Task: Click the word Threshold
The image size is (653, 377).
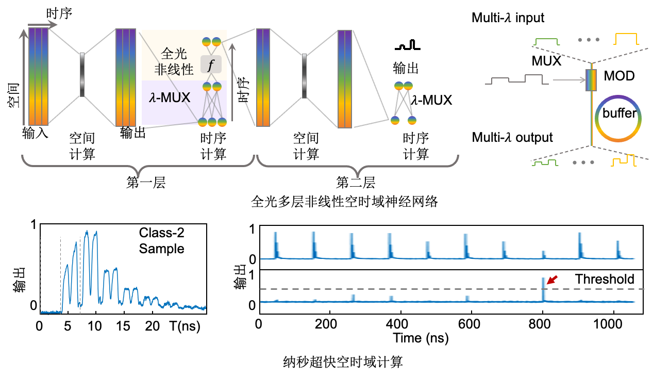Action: click(604, 280)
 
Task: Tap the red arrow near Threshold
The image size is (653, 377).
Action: click(551, 280)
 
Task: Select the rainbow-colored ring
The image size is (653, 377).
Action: click(617, 118)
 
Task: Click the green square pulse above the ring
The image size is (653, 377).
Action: click(547, 41)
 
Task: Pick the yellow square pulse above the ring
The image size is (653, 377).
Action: click(626, 39)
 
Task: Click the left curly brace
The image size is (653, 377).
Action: click(138, 165)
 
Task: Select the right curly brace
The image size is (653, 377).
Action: click(358, 165)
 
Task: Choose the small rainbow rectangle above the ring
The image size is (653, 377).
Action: click(591, 80)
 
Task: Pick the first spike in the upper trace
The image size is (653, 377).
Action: click(275, 242)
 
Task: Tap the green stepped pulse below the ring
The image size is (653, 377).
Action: click(546, 162)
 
